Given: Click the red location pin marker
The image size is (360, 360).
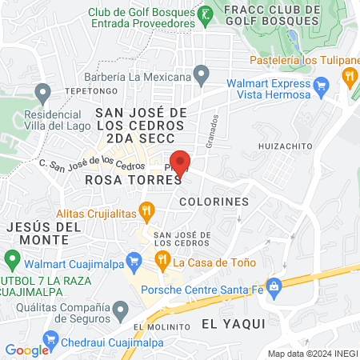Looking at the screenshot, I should [181, 162].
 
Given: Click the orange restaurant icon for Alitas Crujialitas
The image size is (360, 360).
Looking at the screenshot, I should [146, 212].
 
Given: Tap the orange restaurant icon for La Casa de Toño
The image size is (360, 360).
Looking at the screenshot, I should [162, 258].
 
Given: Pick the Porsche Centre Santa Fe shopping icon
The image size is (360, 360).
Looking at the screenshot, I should [274, 286].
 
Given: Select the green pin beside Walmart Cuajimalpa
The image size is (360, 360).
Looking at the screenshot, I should [12, 259].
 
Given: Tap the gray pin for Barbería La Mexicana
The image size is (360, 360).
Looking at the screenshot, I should [202, 77].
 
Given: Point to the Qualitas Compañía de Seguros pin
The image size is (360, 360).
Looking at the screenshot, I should [120, 308].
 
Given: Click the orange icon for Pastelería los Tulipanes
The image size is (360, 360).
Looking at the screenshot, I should [348, 77].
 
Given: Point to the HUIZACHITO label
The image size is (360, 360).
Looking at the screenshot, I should [284, 147].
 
